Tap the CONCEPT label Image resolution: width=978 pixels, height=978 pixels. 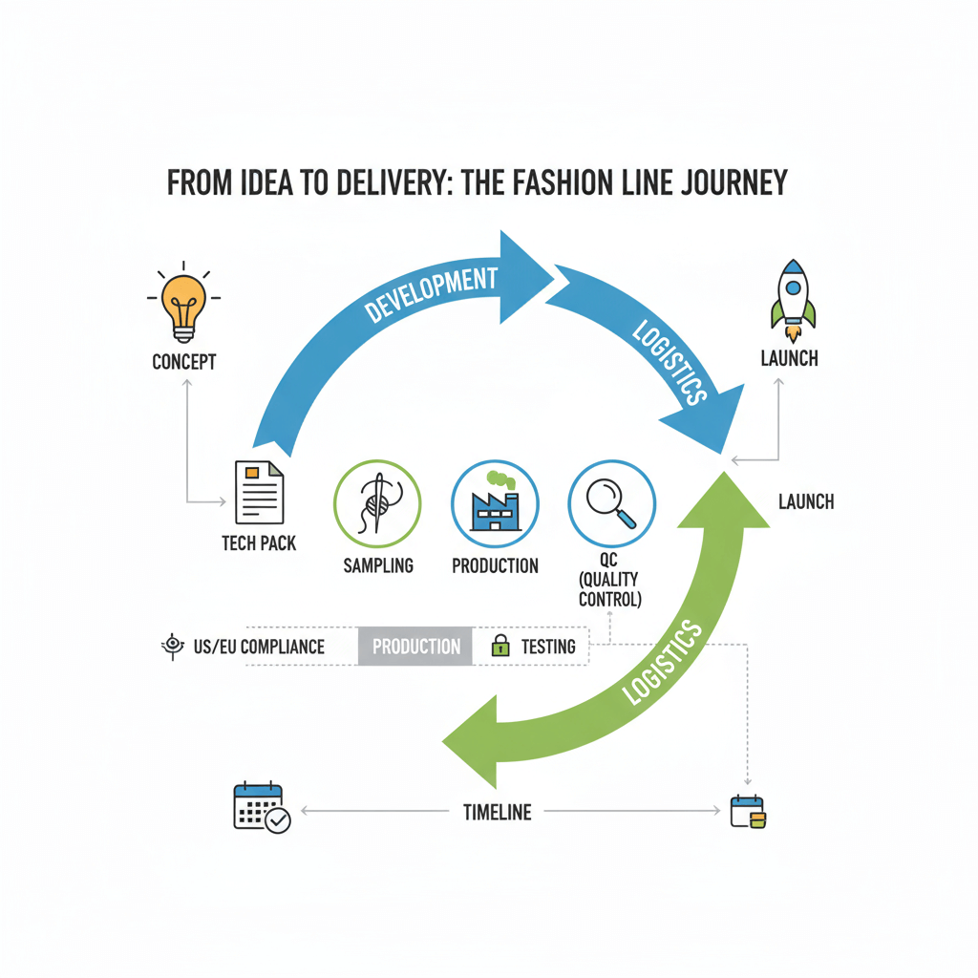tap(184, 362)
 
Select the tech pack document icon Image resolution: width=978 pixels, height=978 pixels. tap(259, 493)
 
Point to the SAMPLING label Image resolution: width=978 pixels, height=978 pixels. tap(378, 565)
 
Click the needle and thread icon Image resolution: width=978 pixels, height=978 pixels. tap(378, 502)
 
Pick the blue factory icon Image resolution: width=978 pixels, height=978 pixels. tap(495, 503)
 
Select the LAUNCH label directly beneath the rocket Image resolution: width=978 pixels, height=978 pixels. tap(789, 359)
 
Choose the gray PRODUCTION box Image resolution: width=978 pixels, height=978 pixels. tap(415, 647)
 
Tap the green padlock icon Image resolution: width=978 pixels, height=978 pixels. tap(500, 647)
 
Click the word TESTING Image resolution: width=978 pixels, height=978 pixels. tap(548, 647)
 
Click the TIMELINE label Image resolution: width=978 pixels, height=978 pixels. tap(497, 812)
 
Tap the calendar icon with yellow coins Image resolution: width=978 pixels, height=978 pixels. tap(748, 812)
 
